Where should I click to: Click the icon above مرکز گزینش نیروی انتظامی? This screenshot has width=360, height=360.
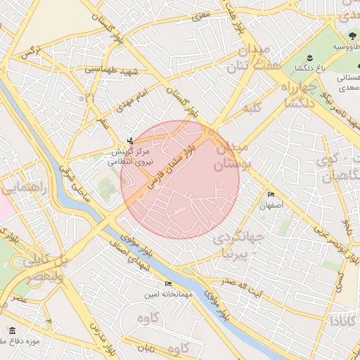pos(129,141)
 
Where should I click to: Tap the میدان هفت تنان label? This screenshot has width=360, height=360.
pos(246,59)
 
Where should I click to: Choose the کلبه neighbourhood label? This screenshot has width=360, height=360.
pos(252,108)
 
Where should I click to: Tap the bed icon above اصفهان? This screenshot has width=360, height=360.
pos(271,195)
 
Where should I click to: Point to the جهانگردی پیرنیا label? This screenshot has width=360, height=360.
pos(241,247)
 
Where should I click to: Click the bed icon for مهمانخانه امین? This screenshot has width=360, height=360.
pos(167,284)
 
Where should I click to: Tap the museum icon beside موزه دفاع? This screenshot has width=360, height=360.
pos(11,330)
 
